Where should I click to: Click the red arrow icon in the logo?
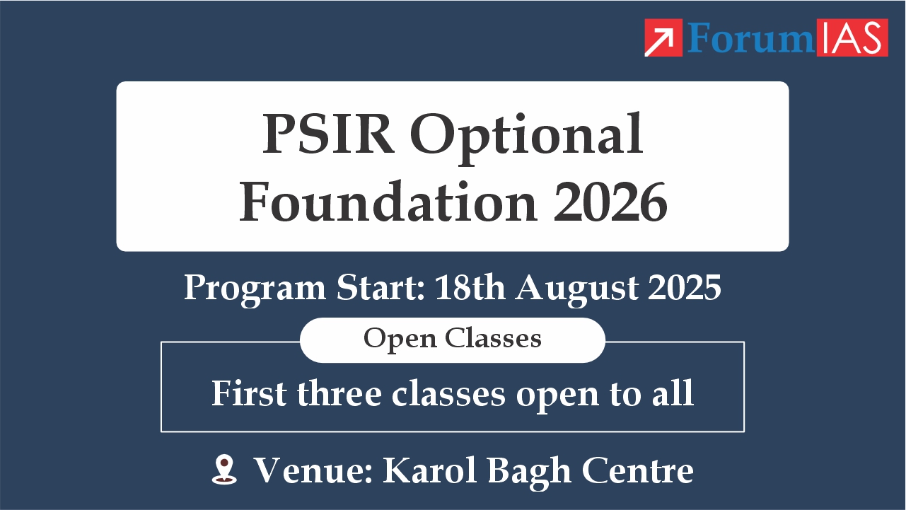click(663, 37)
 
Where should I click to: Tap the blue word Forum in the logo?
click(751, 37)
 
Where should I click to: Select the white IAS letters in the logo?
click(852, 37)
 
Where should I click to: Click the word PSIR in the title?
click(329, 134)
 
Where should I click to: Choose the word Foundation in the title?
click(389, 202)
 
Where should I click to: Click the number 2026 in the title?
click(610, 202)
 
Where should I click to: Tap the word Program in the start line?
click(255, 289)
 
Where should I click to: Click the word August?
click(576, 289)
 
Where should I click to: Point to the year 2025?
click(685, 287)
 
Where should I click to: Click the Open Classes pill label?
click(453, 340)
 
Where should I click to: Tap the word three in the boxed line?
click(339, 393)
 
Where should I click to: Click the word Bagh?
click(530, 473)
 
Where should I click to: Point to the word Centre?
click(638, 470)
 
